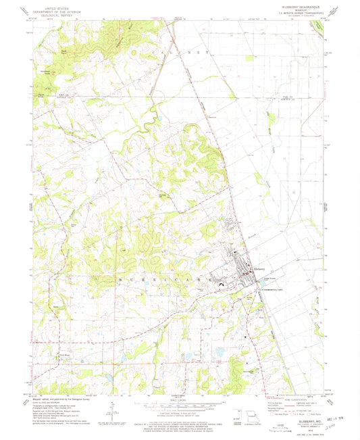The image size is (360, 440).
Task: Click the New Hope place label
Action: pos(66,355)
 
